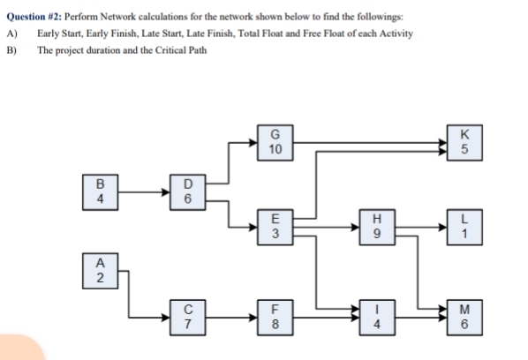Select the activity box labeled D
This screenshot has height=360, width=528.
pos(187,191)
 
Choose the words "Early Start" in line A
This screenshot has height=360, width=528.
pos(59,34)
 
